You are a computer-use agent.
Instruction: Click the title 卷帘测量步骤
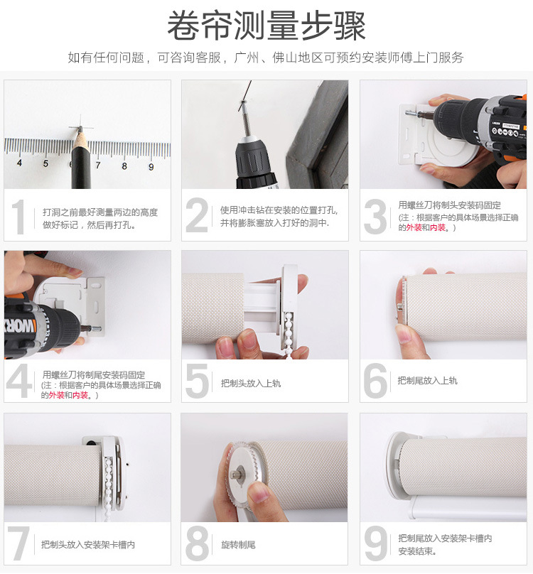point(266,26)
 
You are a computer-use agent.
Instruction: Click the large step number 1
point(19,217)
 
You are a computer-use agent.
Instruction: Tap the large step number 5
point(197,382)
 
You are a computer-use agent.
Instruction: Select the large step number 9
point(376,544)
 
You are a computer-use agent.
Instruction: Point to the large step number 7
point(19,544)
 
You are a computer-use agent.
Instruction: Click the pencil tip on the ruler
point(80,129)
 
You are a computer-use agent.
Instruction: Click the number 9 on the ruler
point(151,167)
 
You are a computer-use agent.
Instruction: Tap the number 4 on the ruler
point(18,163)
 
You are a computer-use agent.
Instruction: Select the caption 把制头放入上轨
point(250,383)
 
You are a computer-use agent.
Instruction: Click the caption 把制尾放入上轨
point(427,381)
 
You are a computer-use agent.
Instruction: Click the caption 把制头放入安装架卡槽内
point(88,545)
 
